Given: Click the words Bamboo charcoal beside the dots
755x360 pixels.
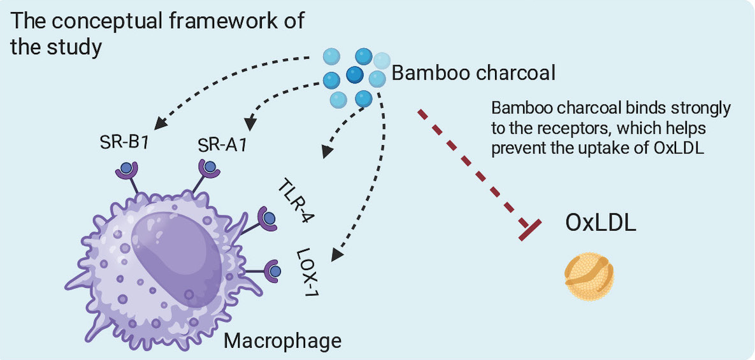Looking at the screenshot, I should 473,73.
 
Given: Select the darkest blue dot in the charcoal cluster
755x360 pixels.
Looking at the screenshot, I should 355,76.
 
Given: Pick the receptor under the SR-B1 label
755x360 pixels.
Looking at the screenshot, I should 127,170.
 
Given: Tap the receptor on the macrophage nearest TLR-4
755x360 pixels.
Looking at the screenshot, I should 267,217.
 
